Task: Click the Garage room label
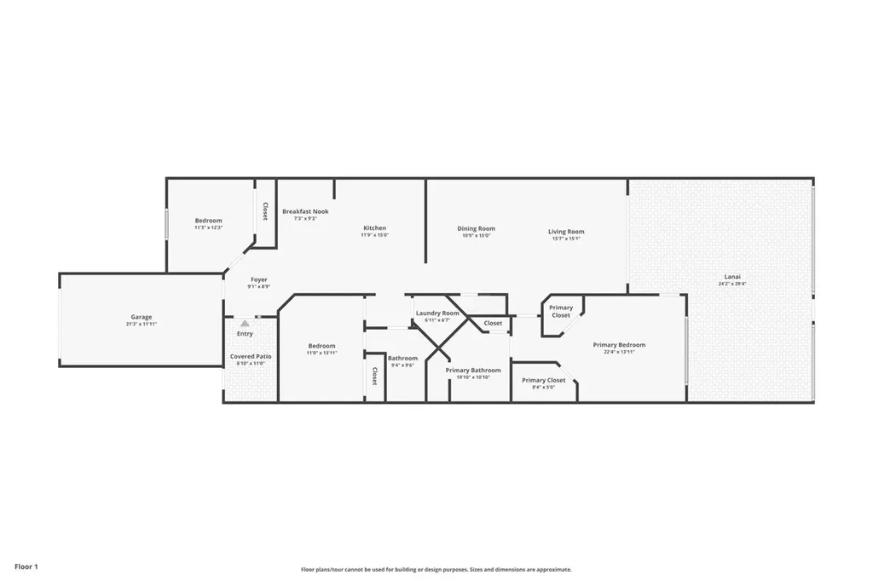(142, 317)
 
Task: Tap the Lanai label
(731, 276)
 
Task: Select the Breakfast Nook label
(305, 211)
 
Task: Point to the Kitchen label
(374, 227)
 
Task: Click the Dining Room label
(476, 228)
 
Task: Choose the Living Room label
(566, 232)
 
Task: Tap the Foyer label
(259, 279)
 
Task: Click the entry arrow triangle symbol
(245, 324)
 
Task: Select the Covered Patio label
(251, 356)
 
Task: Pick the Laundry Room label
(437, 313)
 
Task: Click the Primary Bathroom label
(473, 370)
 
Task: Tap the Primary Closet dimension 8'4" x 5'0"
(543, 388)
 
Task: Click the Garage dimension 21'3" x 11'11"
(142, 325)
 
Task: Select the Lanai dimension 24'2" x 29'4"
(731, 284)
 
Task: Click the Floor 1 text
(26, 566)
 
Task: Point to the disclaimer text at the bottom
(436, 569)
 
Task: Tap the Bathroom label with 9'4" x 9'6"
(402, 358)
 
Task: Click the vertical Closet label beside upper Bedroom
(265, 211)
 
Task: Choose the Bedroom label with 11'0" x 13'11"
(321, 345)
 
